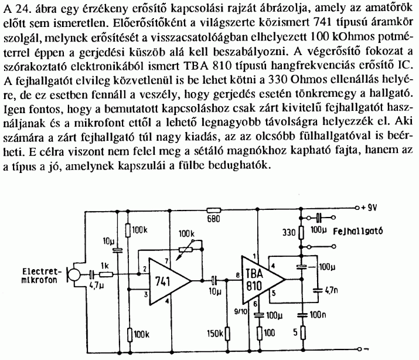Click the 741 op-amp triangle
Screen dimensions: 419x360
pos(167,280)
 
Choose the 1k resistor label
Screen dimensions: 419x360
pos(105,266)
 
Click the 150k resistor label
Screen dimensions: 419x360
pos(215,334)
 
